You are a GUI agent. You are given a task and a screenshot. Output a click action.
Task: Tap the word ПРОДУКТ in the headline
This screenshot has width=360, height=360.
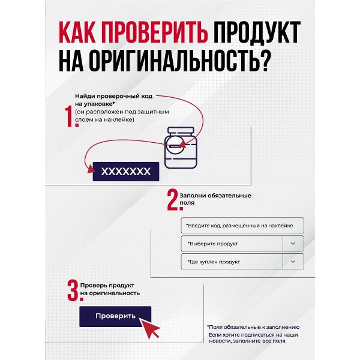coord(257,32)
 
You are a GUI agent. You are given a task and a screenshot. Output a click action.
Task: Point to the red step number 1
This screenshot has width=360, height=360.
coord(71,116)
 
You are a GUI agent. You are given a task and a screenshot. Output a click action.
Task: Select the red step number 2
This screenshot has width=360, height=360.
coord(175,200)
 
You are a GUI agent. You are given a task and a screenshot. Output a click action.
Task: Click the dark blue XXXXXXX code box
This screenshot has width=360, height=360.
coord(126,172)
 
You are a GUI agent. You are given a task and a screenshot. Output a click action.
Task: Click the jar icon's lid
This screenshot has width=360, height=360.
coord(181,130)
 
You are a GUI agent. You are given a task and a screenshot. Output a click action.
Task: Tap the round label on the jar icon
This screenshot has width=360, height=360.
coord(176,146)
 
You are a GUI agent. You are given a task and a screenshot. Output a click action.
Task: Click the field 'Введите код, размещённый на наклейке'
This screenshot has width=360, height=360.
coord(242,226)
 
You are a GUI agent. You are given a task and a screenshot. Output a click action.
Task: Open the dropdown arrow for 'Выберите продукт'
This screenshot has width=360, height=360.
coord(293,244)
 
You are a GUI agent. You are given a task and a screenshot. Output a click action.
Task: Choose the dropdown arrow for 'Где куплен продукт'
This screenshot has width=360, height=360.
coord(293,261)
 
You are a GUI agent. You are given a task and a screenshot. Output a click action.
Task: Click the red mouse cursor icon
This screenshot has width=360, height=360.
coord(149,328)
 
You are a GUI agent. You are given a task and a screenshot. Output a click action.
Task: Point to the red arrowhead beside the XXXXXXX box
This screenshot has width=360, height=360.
coord(91,170)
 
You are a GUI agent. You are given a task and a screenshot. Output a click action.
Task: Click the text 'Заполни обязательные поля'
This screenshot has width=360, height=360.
coord(215,199)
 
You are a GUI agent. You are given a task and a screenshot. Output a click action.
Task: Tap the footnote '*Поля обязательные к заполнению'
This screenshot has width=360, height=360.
coord(253,327)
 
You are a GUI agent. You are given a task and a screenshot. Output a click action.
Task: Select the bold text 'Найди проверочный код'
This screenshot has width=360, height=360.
coord(113,96)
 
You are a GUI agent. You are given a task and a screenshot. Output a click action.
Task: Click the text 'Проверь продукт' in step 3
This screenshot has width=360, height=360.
coord(107,286)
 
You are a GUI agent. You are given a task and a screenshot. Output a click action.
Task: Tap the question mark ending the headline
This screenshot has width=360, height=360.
coord(266,61)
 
